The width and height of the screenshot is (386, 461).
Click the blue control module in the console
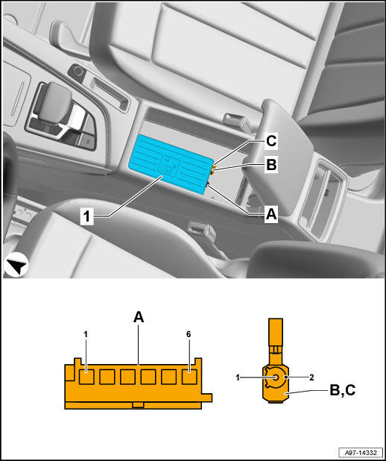(171, 163)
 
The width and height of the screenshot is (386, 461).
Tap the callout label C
(270, 141)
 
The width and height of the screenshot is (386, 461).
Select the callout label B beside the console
(270, 165)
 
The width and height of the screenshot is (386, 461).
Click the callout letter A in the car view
(270, 214)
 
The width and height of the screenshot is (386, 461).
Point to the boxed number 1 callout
(86, 217)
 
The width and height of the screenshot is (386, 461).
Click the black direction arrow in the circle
(16, 265)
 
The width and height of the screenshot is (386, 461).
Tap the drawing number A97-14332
(361, 451)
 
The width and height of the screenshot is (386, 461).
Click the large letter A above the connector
(139, 317)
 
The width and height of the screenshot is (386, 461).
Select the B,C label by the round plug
(343, 390)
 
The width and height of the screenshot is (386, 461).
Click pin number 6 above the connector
(189, 334)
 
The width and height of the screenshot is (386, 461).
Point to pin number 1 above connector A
(86, 334)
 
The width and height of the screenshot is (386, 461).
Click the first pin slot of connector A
(86, 377)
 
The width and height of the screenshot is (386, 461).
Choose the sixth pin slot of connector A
(189, 377)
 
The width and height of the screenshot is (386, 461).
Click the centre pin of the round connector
(275, 377)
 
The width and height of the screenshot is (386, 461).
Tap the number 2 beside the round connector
(311, 377)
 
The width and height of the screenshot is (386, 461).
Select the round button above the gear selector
(78, 72)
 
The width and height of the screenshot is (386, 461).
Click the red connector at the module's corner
(208, 185)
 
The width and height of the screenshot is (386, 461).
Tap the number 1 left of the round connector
(238, 377)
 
